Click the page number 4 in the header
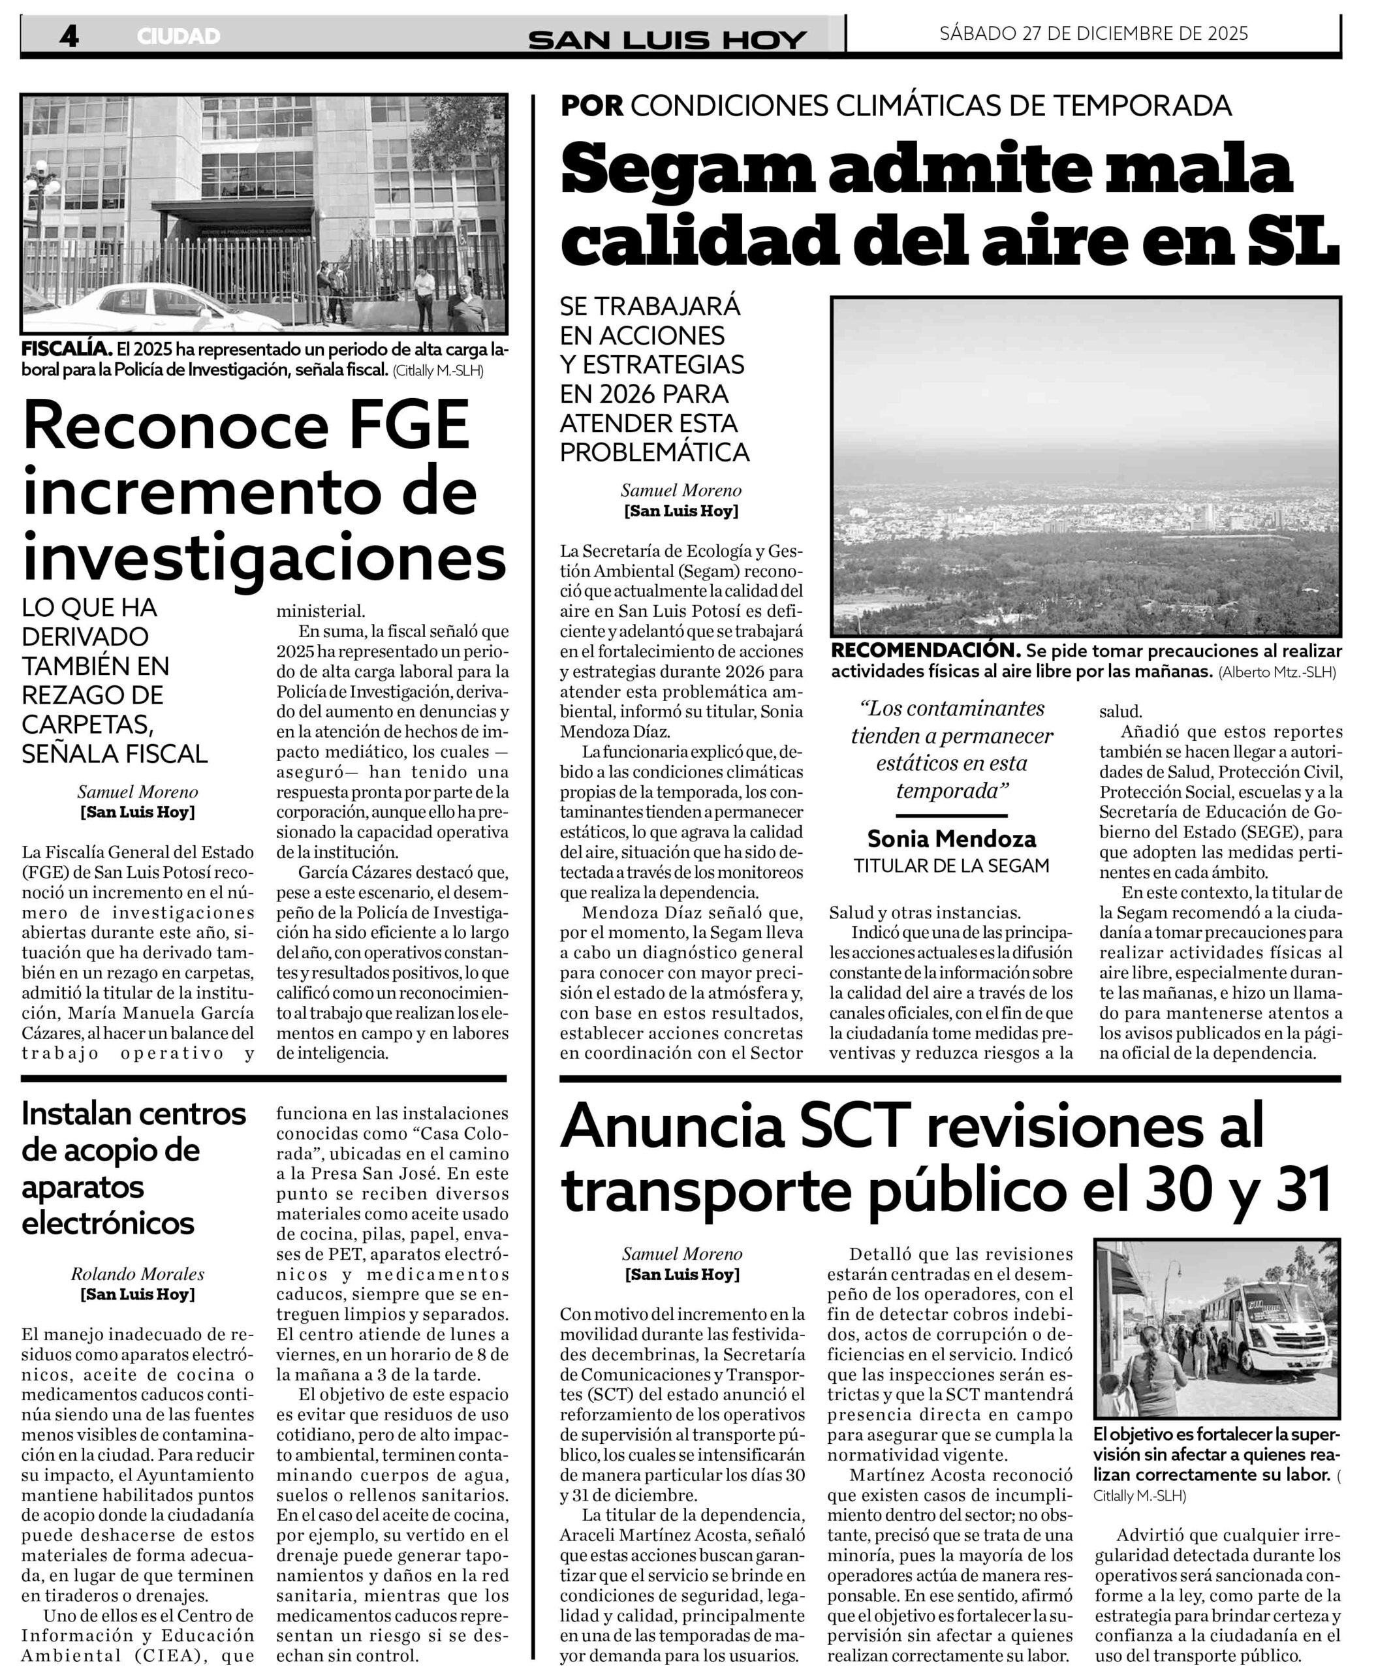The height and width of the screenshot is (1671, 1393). [x=69, y=36]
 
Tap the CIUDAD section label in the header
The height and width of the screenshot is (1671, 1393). [x=178, y=37]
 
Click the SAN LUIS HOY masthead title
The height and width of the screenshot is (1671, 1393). [x=668, y=40]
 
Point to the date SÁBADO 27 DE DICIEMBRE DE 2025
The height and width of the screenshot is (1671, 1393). [x=1094, y=33]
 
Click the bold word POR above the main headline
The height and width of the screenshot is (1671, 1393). [x=592, y=106]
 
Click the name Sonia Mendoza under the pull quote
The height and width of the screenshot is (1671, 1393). [x=952, y=839]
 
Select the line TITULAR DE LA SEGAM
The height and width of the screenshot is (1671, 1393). [x=952, y=866]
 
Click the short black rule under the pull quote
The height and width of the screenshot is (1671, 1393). [x=952, y=816]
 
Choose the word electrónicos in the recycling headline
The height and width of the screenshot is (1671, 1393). [x=108, y=1223]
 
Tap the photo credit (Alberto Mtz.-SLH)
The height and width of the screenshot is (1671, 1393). [x=1277, y=672]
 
